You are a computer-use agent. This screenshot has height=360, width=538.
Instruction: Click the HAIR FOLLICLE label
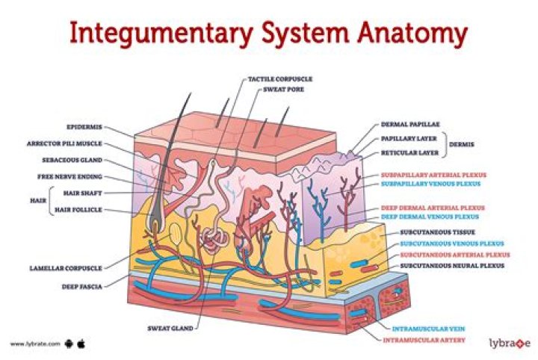(x=78, y=210)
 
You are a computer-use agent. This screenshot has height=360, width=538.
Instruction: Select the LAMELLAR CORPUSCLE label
(x=66, y=267)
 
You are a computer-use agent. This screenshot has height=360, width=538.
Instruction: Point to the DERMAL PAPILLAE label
(x=409, y=125)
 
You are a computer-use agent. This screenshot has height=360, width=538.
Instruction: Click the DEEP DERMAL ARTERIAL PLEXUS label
(x=433, y=208)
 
